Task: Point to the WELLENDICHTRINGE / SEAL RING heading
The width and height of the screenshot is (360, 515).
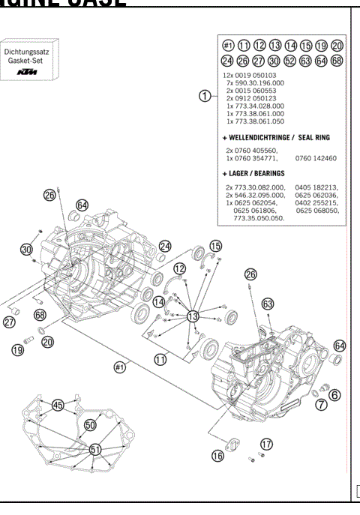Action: [277, 138]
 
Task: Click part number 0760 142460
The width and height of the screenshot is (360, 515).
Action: [316, 159]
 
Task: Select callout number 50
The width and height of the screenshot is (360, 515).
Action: [91, 425]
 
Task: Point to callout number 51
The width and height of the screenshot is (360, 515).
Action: [95, 449]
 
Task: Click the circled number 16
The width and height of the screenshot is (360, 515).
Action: [217, 454]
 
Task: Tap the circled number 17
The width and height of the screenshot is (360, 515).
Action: [266, 443]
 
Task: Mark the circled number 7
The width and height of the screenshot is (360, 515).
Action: [321, 405]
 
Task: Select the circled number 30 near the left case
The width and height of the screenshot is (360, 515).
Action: [27, 250]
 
